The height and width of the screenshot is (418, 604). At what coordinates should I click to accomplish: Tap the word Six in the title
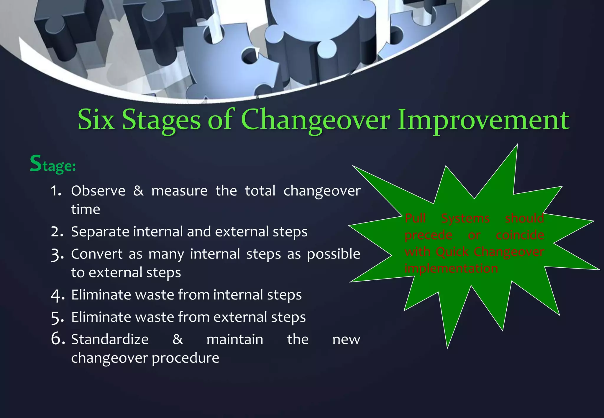[x=96, y=120]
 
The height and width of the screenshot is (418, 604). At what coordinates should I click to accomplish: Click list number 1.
[x=56, y=191]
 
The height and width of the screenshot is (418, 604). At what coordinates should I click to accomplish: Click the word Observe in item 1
[x=98, y=191]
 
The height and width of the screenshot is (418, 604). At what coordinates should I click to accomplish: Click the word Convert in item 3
[x=97, y=254]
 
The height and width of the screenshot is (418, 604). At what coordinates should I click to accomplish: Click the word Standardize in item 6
[x=110, y=339]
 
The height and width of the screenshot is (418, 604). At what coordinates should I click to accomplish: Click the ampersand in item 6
[x=178, y=339]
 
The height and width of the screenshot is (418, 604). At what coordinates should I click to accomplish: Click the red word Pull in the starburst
[x=415, y=218]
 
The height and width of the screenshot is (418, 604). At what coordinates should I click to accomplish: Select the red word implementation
[x=451, y=269]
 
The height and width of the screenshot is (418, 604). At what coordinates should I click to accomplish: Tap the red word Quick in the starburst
[x=452, y=252]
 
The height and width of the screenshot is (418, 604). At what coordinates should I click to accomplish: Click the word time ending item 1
[x=86, y=210]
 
